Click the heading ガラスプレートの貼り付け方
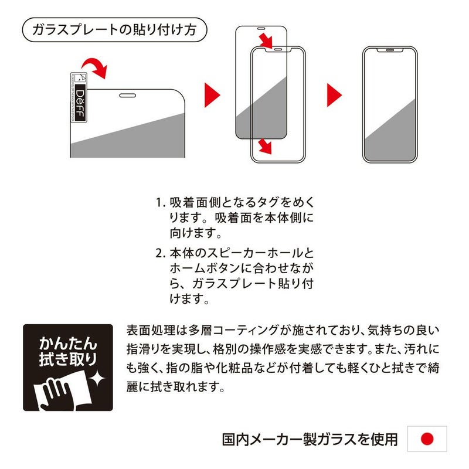(114, 30)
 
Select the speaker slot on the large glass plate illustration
(127, 96)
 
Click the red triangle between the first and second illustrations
(212, 95)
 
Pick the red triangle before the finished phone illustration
(334, 95)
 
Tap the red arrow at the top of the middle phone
(266, 40)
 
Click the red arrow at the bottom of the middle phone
(265, 146)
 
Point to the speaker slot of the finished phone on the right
(390, 50)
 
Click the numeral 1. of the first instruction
(160, 203)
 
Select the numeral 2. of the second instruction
(160, 254)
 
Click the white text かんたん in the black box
(68, 344)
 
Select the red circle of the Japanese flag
(427, 439)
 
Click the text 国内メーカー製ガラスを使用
(310, 439)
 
